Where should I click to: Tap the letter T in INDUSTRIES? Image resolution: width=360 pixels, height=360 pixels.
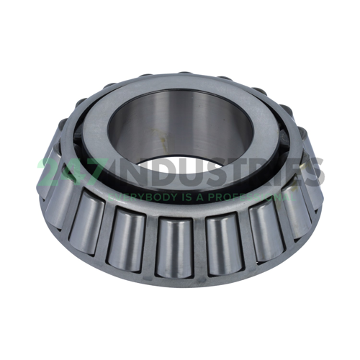point(234,173)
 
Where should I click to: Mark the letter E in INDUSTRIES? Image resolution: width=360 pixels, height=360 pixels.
point(297,173)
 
